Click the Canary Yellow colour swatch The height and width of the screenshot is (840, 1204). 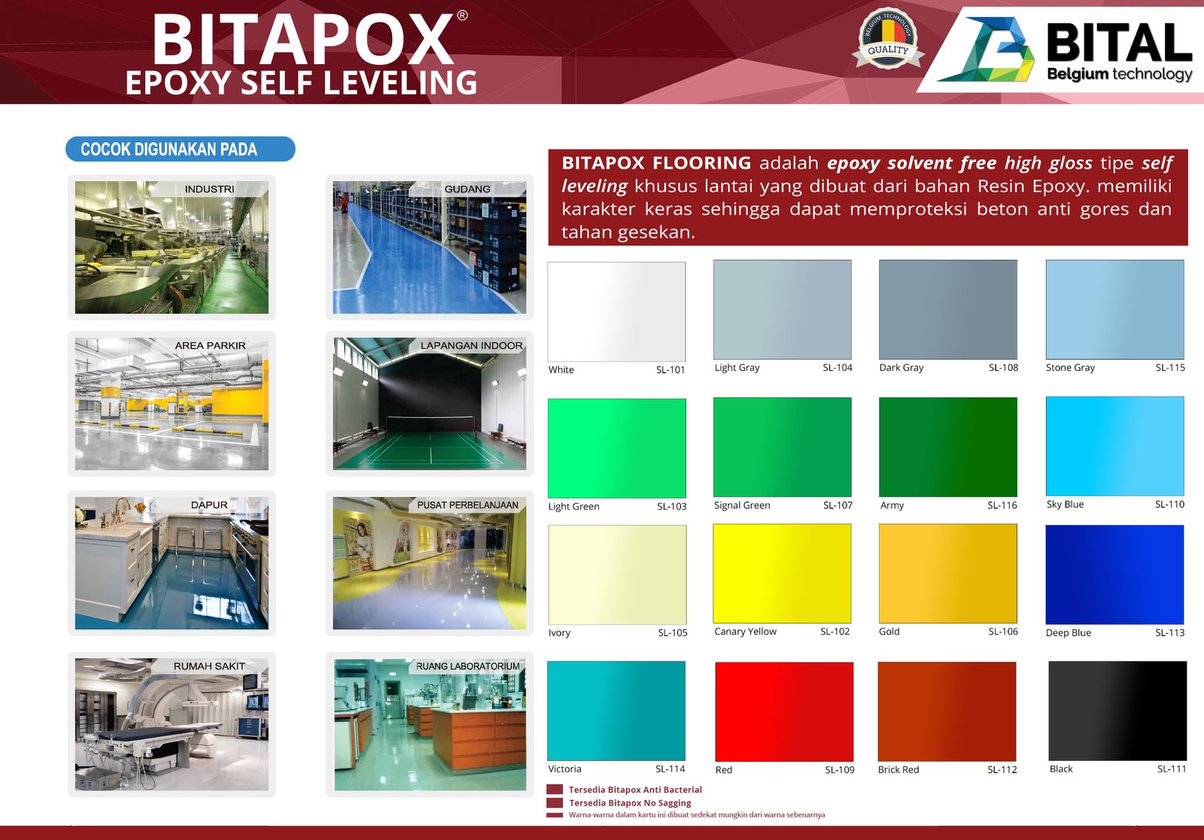click(x=782, y=574)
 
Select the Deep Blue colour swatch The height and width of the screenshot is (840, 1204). click(x=1114, y=574)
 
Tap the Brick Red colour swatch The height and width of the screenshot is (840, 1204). click(x=947, y=711)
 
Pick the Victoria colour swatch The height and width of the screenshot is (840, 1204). click(x=616, y=711)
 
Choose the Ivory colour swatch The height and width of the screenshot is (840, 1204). click(x=618, y=574)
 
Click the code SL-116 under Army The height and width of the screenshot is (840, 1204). click(x=1002, y=505)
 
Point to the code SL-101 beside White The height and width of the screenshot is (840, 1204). click(x=670, y=370)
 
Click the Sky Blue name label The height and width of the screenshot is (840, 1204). click(x=1066, y=504)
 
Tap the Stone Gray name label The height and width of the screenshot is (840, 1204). click(x=1070, y=367)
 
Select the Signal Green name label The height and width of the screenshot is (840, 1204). click(x=742, y=505)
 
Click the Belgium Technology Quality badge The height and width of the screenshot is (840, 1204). click(x=888, y=38)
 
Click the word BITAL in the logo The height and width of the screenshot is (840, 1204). click(x=1119, y=42)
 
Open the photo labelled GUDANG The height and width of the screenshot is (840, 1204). click(x=430, y=248)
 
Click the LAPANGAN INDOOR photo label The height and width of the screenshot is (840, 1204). click(x=471, y=345)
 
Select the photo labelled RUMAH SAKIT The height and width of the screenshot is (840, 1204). click(x=172, y=724)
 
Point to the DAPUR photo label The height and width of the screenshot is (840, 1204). click(x=209, y=505)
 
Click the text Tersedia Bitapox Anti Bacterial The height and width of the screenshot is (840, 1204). click(x=635, y=790)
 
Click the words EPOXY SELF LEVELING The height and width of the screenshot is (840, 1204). click(x=302, y=82)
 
